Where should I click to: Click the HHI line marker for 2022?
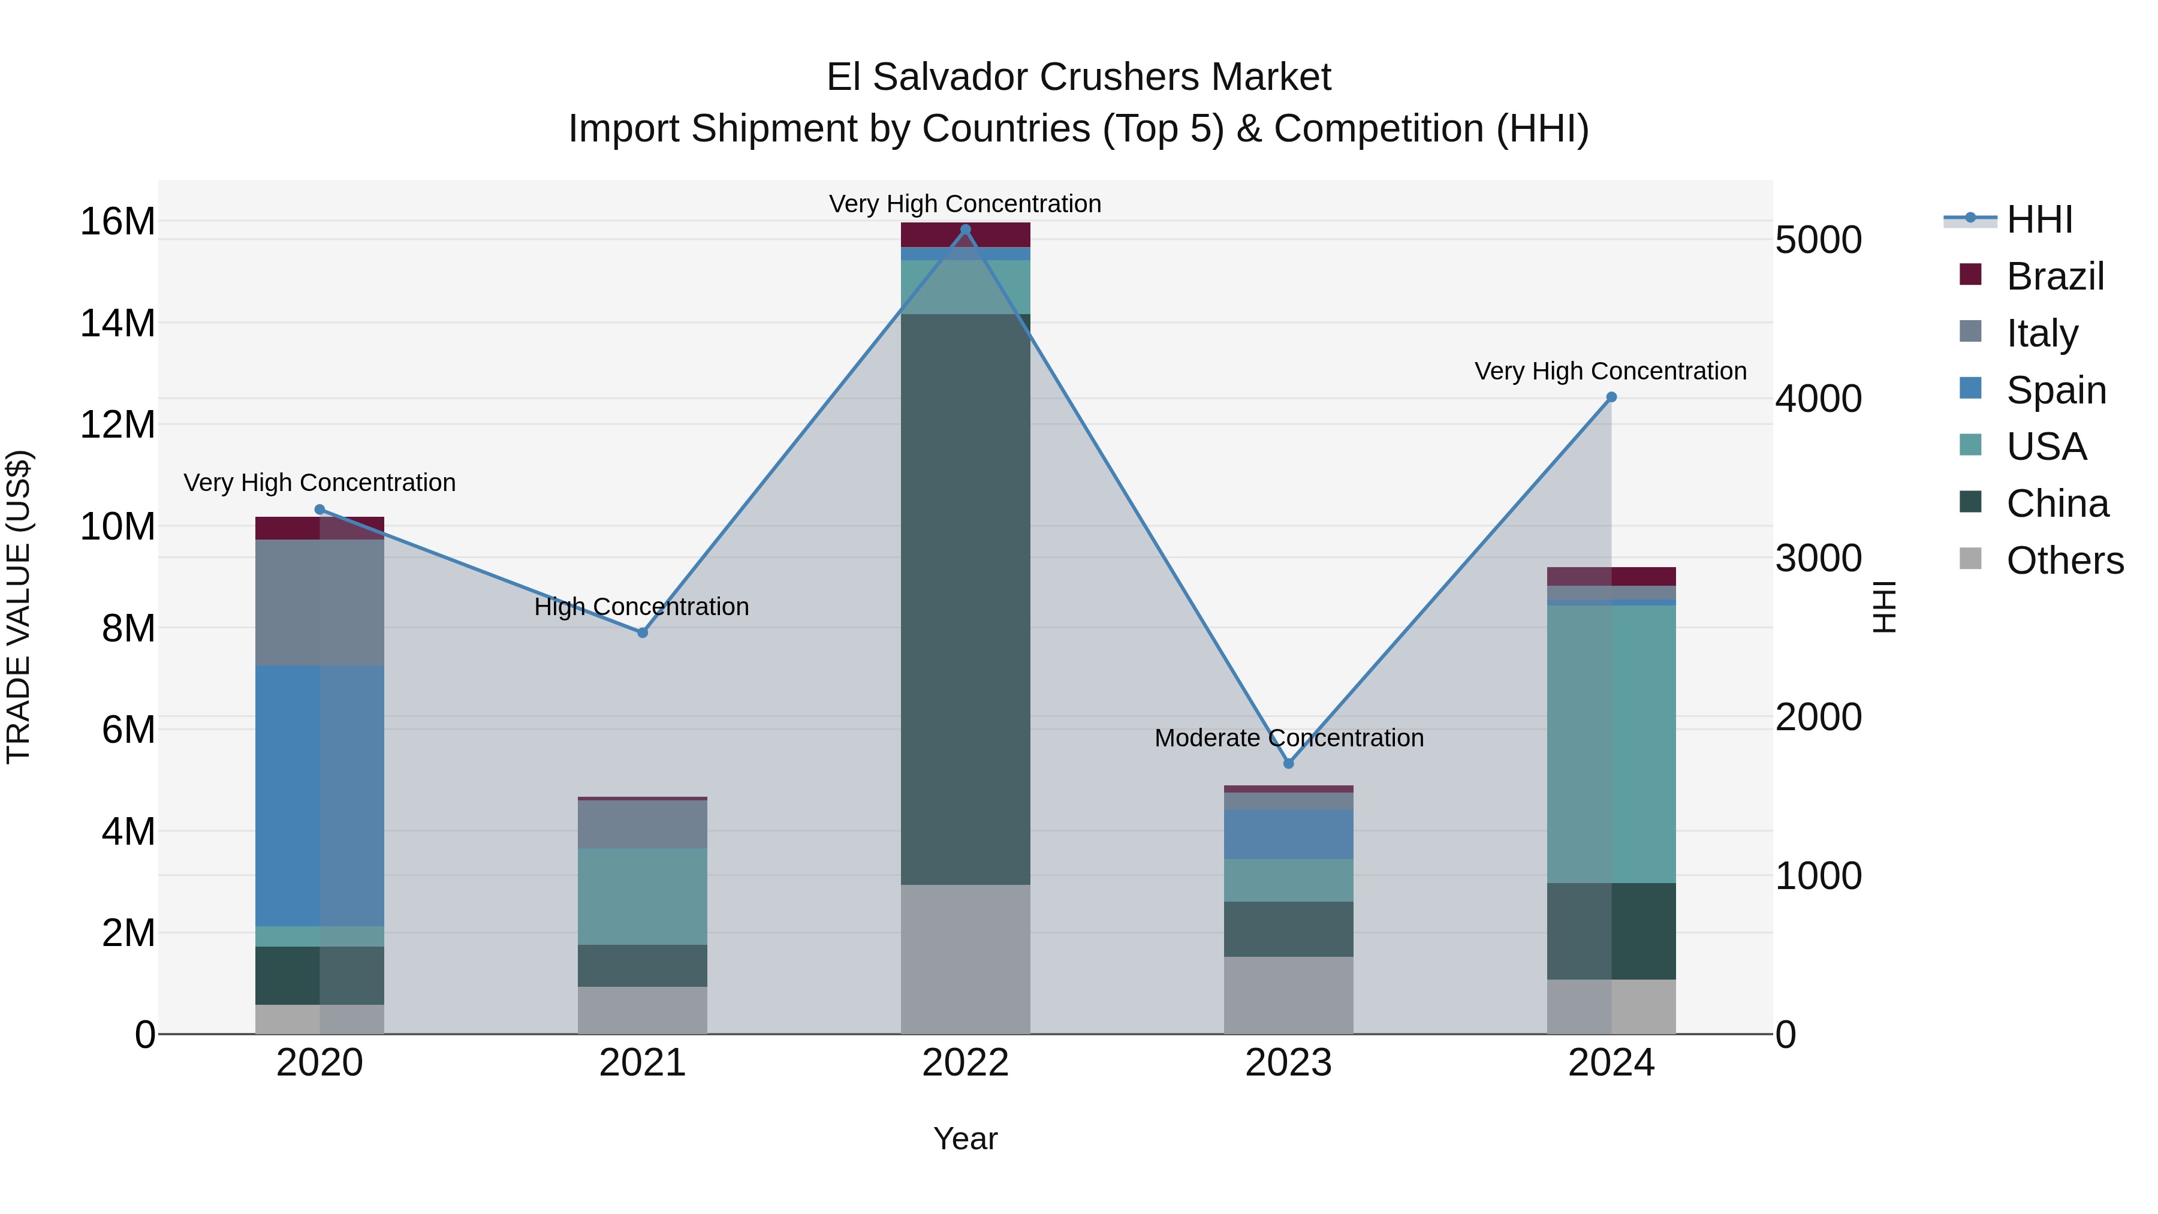tap(965, 230)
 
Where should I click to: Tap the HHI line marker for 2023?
tap(1288, 763)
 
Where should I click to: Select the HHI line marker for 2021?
tap(643, 632)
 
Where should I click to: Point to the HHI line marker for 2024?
tap(1611, 397)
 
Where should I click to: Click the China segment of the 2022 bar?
tap(965, 599)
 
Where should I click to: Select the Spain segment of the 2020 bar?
tap(319, 796)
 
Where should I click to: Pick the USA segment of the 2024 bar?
tap(1611, 744)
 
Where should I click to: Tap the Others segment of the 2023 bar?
tap(1288, 995)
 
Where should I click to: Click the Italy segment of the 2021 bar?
tap(643, 824)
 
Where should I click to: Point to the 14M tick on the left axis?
tap(117, 323)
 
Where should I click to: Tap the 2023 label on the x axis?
tap(1288, 1063)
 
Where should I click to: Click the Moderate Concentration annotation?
tap(1288, 738)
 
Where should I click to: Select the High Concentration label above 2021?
tap(641, 607)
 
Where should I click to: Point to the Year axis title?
tap(965, 1138)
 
